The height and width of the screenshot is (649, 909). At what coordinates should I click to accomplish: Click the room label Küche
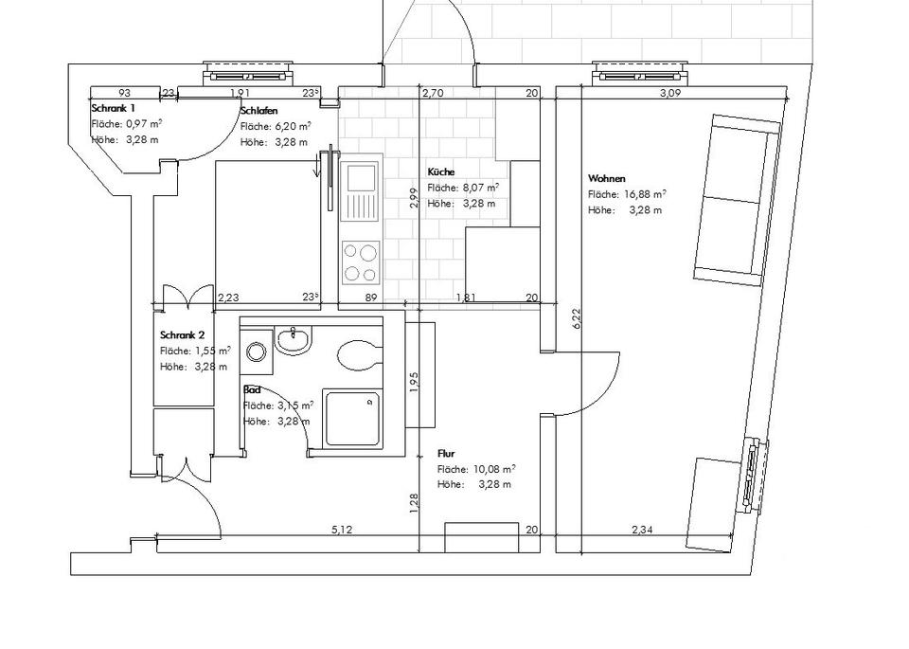click(441, 171)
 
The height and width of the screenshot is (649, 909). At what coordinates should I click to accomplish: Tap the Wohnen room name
click(606, 179)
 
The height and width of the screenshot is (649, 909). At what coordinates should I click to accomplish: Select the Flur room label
click(446, 454)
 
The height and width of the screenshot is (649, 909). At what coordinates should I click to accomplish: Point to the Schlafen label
click(258, 110)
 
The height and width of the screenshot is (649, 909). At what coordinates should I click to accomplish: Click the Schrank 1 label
click(113, 108)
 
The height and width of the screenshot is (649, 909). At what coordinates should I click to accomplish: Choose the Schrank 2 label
click(182, 335)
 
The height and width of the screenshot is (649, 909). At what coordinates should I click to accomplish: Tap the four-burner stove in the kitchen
click(360, 262)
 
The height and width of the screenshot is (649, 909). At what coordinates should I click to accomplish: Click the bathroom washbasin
click(294, 340)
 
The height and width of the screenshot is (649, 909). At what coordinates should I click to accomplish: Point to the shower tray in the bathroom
click(352, 419)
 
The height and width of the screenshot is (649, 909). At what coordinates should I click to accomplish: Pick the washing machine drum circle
click(256, 351)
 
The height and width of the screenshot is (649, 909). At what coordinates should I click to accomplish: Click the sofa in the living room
click(737, 200)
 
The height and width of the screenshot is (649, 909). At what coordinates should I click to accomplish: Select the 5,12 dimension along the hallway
click(342, 530)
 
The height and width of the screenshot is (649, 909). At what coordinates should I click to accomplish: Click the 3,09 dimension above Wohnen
click(670, 93)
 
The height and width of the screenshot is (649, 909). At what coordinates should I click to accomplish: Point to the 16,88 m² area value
click(645, 194)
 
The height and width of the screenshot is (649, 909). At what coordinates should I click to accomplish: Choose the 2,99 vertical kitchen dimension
click(413, 198)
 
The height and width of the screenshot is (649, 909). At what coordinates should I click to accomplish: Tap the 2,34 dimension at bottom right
click(642, 530)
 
